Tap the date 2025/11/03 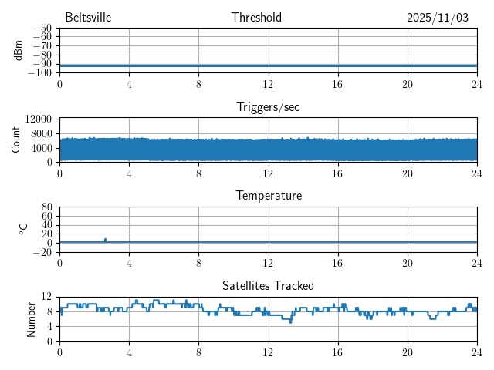[x=438, y=18]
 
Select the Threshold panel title [x=256, y=18]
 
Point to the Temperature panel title [x=268, y=196]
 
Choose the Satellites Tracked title [x=268, y=285]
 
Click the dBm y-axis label [x=18, y=50]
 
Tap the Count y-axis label [x=16, y=140]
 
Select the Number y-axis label [x=32, y=318]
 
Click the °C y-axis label [x=23, y=229]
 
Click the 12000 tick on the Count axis [x=39, y=119]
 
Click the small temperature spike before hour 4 [x=105, y=240]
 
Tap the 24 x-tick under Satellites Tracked [x=476, y=351]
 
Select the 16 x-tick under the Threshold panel [x=337, y=83]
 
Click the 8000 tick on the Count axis [x=41, y=133]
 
